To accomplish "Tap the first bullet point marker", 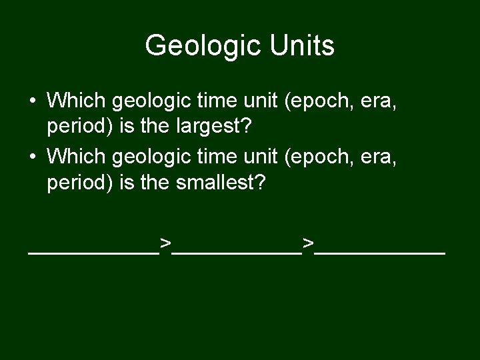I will point(33,102).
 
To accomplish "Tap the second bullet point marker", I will point(33,158).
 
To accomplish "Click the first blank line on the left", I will point(93,253).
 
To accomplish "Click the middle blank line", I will point(237,253).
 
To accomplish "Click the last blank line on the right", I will point(381,253).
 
